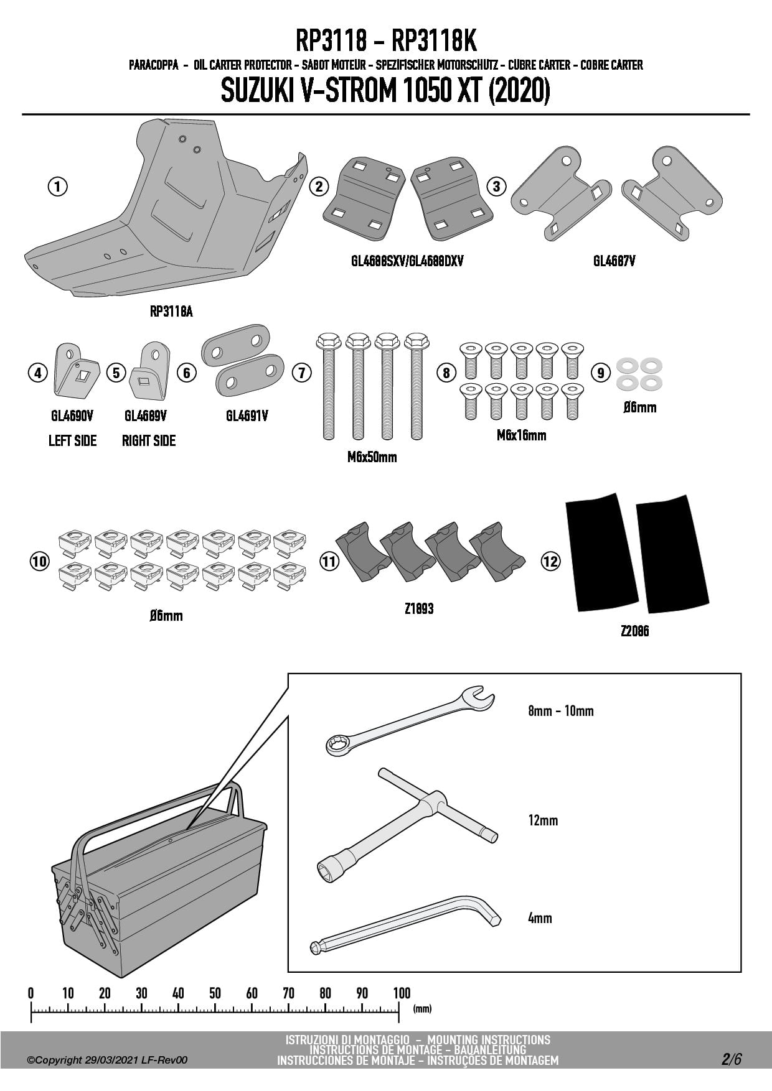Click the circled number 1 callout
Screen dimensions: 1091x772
pyautogui.click(x=57, y=186)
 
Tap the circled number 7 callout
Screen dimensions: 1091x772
pyautogui.click(x=302, y=373)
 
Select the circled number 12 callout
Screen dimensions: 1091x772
pyautogui.click(x=550, y=562)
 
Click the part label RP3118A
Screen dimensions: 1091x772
pyautogui.click(x=171, y=312)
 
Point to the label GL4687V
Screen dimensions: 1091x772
pyautogui.click(x=614, y=261)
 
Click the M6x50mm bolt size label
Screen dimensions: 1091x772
pyautogui.click(x=372, y=457)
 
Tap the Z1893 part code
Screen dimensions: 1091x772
pyautogui.click(x=418, y=608)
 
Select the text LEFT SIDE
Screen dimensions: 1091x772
pyautogui.click(x=72, y=440)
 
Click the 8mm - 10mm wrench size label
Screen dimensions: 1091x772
pyautogui.click(x=560, y=711)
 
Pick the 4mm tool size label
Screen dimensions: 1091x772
pyautogui.click(x=540, y=918)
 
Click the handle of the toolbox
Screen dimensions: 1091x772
pyautogui.click(x=156, y=809)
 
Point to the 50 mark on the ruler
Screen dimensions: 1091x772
pyautogui.click(x=215, y=993)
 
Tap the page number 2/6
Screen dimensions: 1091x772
pyautogui.click(x=732, y=1059)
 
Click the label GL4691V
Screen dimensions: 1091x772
pyautogui.click(x=247, y=416)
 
